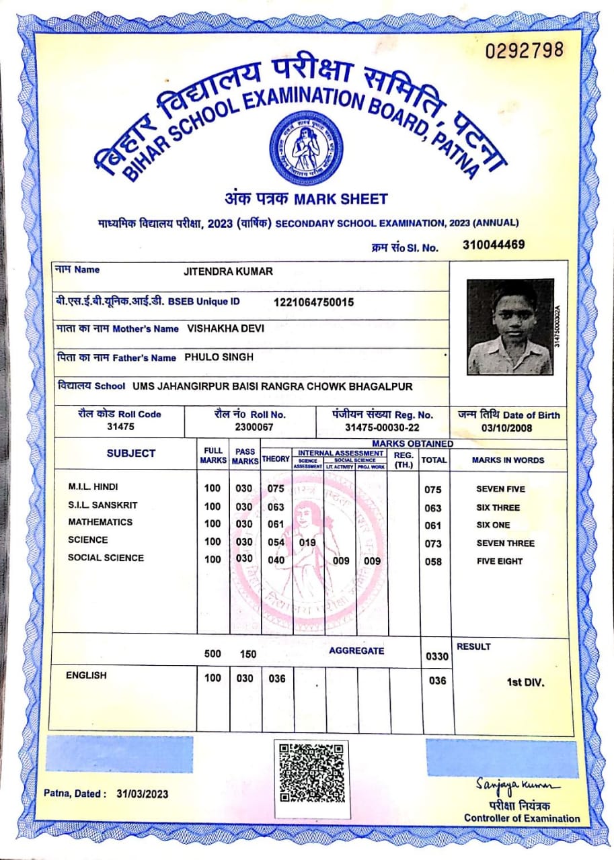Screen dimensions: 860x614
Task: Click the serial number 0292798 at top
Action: click(x=524, y=50)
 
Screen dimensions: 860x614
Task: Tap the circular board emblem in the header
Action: click(x=306, y=148)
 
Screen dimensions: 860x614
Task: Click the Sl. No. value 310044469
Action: click(x=494, y=245)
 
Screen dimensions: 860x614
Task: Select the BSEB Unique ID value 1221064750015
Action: click(x=313, y=302)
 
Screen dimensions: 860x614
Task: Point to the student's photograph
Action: click(x=510, y=327)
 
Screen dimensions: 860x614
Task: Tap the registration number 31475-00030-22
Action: click(x=382, y=427)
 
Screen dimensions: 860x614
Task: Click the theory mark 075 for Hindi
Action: click(x=276, y=488)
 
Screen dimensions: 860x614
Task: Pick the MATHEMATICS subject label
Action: click(x=100, y=522)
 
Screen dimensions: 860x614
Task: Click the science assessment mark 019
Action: click(x=307, y=542)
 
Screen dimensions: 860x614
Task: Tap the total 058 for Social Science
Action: click(x=434, y=561)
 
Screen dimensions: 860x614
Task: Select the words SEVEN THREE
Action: click(x=505, y=543)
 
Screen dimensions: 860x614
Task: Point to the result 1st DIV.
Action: click(x=525, y=683)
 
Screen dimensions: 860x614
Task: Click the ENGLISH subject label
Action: click(x=86, y=675)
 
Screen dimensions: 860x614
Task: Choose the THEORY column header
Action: click(x=276, y=459)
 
